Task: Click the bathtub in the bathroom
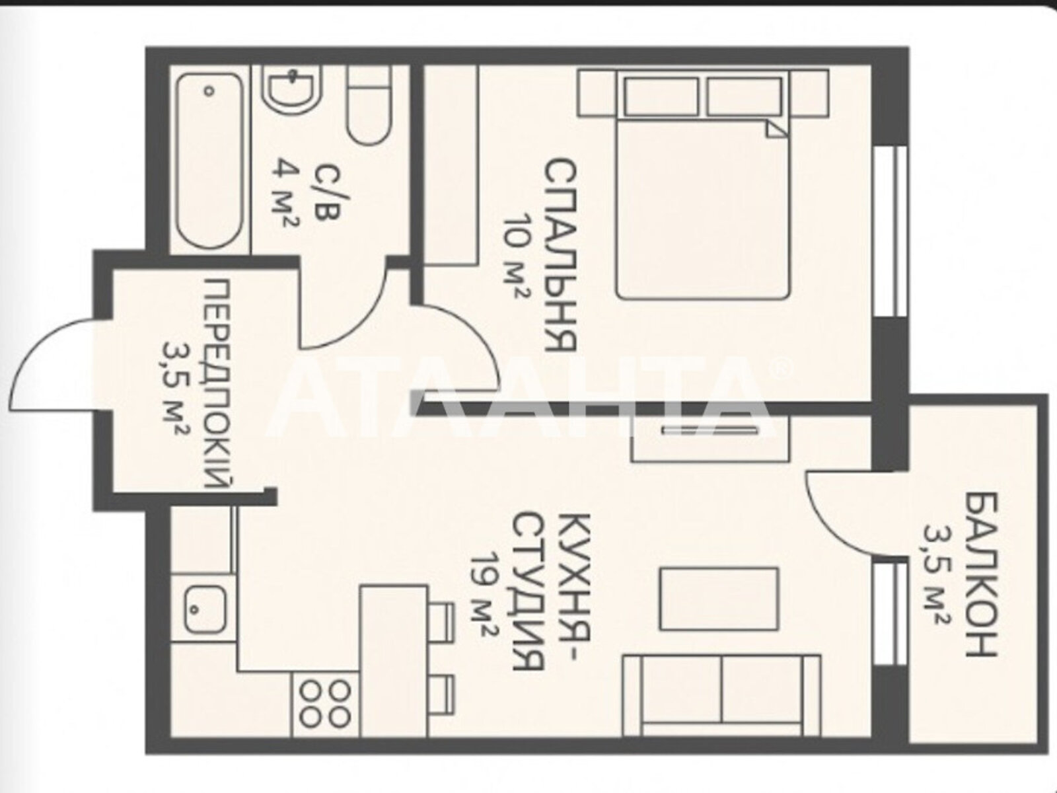(x=209, y=161)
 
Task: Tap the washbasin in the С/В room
(x=292, y=90)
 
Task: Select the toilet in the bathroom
(x=369, y=106)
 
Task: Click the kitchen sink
(x=205, y=610)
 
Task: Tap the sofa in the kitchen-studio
(x=721, y=702)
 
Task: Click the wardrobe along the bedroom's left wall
(x=451, y=165)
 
